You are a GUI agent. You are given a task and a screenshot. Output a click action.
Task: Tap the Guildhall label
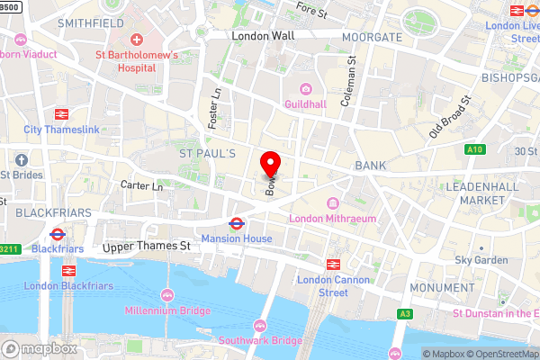tap(305, 105)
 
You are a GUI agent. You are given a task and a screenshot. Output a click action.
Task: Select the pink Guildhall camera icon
tap(305, 89)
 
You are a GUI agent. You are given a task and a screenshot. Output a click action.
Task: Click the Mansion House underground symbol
tap(237, 223)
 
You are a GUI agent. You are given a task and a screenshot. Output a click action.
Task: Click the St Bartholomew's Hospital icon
tap(137, 40)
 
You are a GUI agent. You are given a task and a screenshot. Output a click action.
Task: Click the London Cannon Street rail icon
tap(332, 265)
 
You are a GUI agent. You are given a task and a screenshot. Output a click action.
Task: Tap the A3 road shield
tap(407, 313)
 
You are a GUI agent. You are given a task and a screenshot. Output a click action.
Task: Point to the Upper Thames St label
tap(146, 246)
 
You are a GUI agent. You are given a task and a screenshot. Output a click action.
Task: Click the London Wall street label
tap(263, 37)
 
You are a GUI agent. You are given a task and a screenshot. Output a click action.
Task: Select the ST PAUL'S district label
tap(207, 155)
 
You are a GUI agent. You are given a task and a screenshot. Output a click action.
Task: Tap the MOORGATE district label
tap(371, 37)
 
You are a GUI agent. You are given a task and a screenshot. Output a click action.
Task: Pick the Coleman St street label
tap(346, 84)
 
